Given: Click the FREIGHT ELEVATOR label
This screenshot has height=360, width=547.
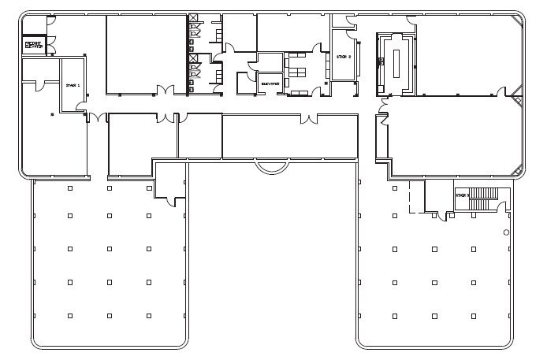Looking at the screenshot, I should [33, 45].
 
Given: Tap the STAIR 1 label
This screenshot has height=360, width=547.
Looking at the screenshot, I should [73, 87].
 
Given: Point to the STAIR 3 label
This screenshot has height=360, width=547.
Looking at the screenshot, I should [462, 195].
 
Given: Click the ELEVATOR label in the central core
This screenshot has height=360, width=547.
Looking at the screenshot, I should [270, 81].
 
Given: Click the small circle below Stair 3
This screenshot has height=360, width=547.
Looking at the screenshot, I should [506, 232].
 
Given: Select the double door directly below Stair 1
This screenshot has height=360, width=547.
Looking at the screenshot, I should [96, 118].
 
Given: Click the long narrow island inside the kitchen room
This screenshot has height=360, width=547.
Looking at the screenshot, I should [396, 61].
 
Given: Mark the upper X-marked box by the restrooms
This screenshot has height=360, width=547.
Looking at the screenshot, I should [193, 19].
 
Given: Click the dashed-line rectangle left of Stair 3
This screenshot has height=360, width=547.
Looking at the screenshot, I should [416, 197].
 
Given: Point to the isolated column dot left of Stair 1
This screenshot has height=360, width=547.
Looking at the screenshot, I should [52, 115].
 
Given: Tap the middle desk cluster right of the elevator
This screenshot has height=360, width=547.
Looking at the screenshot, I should [297, 73].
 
